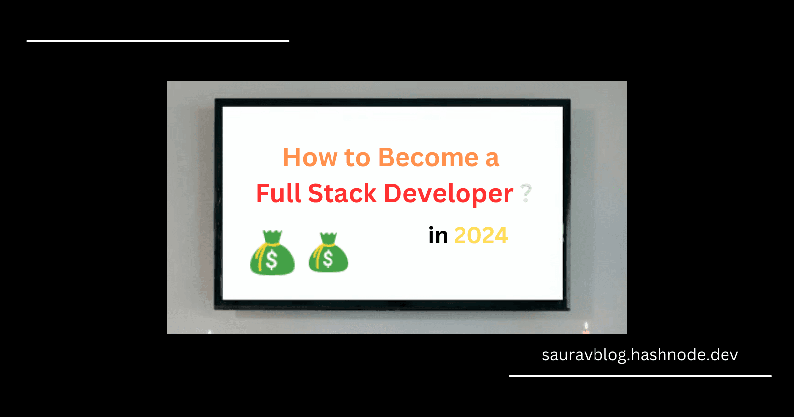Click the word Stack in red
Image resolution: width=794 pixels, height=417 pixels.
tap(342, 193)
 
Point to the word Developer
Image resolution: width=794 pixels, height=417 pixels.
tap(449, 194)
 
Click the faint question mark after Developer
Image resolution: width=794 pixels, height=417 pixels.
tap(526, 193)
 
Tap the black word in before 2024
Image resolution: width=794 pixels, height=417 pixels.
tap(438, 235)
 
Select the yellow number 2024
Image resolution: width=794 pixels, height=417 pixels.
tap(481, 236)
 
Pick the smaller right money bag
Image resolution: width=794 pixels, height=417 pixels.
tap(328, 253)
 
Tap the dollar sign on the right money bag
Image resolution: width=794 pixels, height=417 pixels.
tap(328, 259)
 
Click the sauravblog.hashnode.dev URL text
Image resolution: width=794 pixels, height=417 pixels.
tap(640, 355)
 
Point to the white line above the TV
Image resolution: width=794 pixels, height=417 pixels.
tap(158, 41)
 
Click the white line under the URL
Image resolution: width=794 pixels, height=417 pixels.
tap(640, 376)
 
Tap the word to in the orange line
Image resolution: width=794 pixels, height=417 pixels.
tap(358, 158)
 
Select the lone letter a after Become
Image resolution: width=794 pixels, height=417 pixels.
tap(492, 160)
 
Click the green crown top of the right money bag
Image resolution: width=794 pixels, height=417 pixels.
tap(328, 238)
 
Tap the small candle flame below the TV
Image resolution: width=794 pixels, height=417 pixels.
tap(586, 326)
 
